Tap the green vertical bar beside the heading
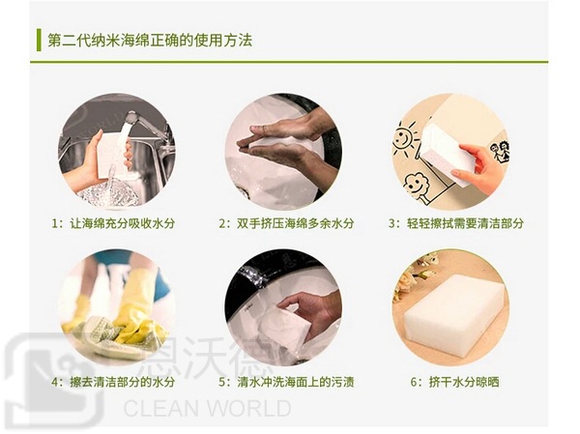click(39, 41)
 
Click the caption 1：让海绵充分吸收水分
click(114, 223)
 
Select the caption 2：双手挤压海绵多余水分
click(287, 223)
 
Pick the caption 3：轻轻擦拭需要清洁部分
click(456, 223)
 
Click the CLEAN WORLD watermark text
click(207, 408)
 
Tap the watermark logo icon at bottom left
click(53, 377)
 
